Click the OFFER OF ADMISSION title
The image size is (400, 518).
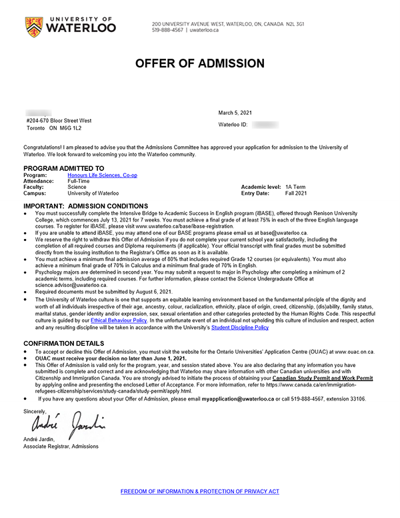tap(199, 63)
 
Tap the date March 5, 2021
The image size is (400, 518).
tap(235, 113)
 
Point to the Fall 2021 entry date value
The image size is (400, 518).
tap(296, 193)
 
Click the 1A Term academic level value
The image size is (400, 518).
tap(295, 187)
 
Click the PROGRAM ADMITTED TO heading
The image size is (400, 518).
tap(63, 168)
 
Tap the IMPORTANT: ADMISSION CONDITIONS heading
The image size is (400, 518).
tap(86, 206)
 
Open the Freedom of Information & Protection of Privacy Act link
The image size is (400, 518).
tap(199, 491)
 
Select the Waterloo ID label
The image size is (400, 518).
tap(233, 125)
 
